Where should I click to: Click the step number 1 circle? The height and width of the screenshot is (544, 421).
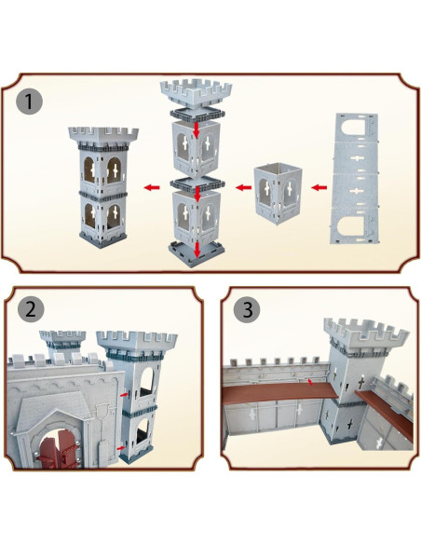(29, 102)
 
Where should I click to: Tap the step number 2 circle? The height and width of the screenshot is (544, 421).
(31, 308)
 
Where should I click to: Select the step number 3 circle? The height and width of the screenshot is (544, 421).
(247, 309)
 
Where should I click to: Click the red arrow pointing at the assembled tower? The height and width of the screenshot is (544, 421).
(152, 187)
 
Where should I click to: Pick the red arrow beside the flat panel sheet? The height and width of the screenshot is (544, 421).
(319, 187)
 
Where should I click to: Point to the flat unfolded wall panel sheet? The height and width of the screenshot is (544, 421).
(354, 179)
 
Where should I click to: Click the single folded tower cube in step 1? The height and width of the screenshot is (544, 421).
(278, 195)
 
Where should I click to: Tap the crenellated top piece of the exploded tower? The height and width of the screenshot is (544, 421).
(196, 94)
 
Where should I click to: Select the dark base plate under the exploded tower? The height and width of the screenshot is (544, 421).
(197, 254)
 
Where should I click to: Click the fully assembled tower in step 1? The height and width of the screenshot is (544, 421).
(102, 187)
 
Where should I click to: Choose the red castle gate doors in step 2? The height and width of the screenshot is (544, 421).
(59, 449)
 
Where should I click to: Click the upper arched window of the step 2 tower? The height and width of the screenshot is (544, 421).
(146, 382)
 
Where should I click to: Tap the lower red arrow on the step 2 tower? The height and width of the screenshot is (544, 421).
(121, 448)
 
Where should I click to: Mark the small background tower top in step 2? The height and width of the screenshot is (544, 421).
(62, 339)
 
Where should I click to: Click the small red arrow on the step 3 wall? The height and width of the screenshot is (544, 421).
(311, 382)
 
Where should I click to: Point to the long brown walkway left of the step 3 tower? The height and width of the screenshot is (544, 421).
(279, 392)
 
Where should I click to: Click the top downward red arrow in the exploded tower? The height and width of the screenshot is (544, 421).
(197, 129)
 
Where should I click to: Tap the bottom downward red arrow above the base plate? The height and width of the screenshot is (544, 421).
(197, 250)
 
